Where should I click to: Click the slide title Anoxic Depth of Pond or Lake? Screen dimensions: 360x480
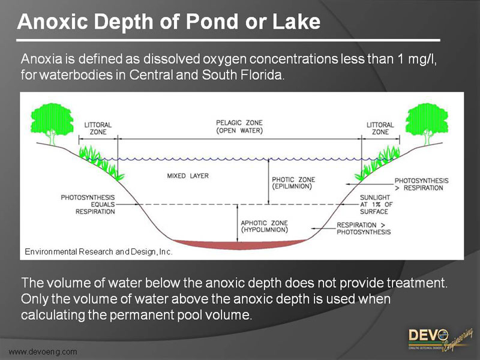[169, 22]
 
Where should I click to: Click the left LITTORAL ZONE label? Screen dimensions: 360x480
[98, 128]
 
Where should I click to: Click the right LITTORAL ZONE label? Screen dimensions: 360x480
[380, 128]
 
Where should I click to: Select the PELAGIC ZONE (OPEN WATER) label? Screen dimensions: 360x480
[239, 127]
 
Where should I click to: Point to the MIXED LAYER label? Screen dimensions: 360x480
[188, 176]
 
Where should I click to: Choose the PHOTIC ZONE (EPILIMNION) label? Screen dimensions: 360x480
[293, 182]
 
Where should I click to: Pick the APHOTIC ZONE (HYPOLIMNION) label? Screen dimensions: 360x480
[264, 226]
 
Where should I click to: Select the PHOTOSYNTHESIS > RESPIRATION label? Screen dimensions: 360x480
[421, 184]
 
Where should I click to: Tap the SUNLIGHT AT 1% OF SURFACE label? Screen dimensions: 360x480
[376, 204]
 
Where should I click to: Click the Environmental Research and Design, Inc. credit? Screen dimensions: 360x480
[98, 252]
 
